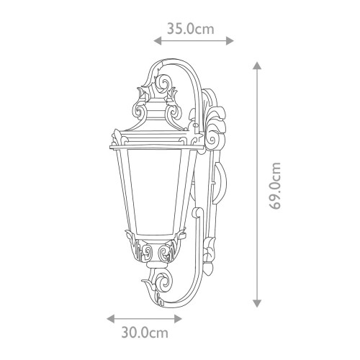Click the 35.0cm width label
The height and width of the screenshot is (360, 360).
coord(191,30)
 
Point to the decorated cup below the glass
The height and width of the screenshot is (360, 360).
coord(153,252)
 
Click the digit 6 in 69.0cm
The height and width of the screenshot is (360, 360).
coord(274,204)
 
